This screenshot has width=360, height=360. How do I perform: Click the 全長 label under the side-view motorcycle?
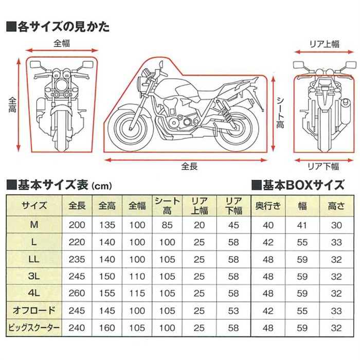189,166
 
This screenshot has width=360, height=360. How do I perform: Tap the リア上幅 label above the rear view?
325,44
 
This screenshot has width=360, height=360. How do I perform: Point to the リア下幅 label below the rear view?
323,166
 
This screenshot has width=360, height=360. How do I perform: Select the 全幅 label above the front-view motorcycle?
62,43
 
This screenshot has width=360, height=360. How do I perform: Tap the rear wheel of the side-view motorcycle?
237,131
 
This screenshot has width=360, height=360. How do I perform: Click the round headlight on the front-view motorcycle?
61,85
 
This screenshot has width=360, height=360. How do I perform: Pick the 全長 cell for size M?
77,225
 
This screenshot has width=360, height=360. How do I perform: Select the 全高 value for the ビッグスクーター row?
107,328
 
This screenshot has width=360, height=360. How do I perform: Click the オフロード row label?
34,311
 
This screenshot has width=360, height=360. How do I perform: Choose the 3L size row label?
34,276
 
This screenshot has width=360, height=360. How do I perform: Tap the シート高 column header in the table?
167,206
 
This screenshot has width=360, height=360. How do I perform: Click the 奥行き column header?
268,206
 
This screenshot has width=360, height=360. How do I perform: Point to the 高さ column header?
336,206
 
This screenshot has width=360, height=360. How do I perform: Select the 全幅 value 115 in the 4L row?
137,294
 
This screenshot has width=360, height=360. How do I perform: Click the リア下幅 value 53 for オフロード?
233,311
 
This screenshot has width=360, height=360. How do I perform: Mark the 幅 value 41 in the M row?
302,225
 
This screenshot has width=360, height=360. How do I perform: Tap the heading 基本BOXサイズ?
298,185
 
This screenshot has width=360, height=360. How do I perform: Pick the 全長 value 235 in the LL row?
77,259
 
